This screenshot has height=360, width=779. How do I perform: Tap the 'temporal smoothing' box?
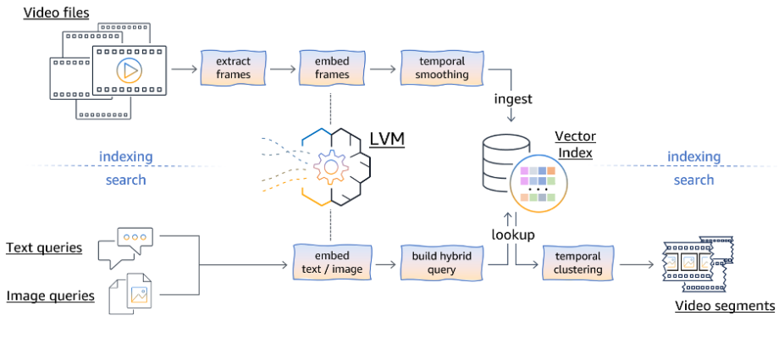[x=442, y=68]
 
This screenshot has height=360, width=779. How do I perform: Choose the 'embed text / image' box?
[x=332, y=263]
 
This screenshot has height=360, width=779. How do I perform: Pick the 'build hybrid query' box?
[x=442, y=263]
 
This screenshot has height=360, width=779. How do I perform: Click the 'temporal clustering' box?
[x=577, y=263]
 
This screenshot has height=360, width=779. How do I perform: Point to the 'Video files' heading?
[x=56, y=12]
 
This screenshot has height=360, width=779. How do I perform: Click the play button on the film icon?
[x=128, y=71]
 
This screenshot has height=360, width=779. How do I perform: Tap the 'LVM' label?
[x=388, y=140]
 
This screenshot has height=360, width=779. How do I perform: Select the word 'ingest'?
[x=513, y=99]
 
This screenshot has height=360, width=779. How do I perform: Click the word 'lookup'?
[x=513, y=234]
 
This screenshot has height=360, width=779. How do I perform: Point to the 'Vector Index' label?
[x=575, y=144]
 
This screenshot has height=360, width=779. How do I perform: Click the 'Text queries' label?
[x=44, y=247]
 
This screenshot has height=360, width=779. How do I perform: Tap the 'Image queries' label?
[x=50, y=296]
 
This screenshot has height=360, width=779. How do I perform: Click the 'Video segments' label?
[x=725, y=305]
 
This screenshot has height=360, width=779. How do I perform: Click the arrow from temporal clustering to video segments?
[x=637, y=264]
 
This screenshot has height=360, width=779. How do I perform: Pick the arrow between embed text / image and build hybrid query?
[x=386, y=264]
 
